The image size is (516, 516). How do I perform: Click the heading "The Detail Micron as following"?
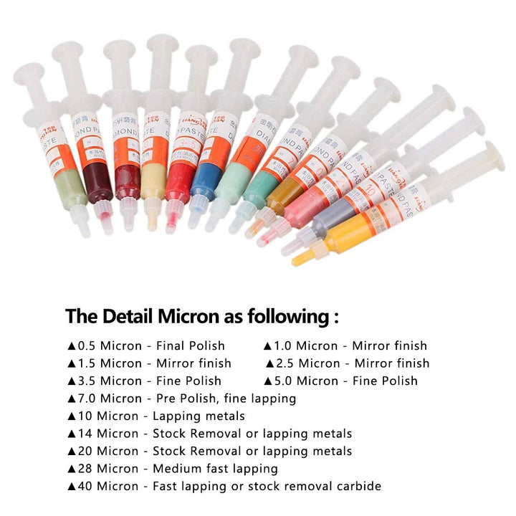[x=202, y=316]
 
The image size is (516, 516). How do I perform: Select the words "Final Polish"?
[x=191, y=345]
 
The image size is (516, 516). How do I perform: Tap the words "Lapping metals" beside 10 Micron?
[x=200, y=416]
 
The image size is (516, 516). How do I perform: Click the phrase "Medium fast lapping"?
[x=216, y=469]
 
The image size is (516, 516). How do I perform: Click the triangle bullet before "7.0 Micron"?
[x=71, y=398]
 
